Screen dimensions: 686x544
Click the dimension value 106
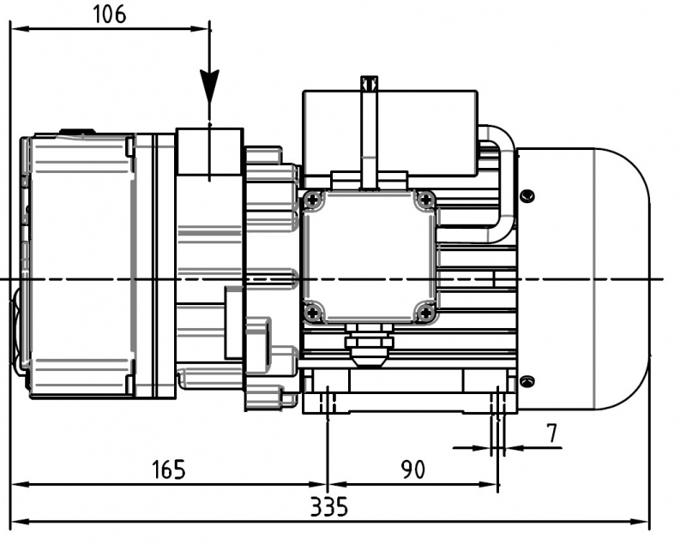point(110,15)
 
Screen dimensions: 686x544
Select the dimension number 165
point(168,469)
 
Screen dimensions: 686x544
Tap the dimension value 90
point(413,469)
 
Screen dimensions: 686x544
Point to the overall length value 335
point(329,507)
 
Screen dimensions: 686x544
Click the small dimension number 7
point(552,433)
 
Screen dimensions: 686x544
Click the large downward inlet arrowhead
point(209,85)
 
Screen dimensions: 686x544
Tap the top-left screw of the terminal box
point(313,200)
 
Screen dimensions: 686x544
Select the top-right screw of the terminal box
point(424,200)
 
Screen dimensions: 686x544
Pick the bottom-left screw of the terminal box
point(313,313)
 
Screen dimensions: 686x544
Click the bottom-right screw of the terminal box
point(424,313)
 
